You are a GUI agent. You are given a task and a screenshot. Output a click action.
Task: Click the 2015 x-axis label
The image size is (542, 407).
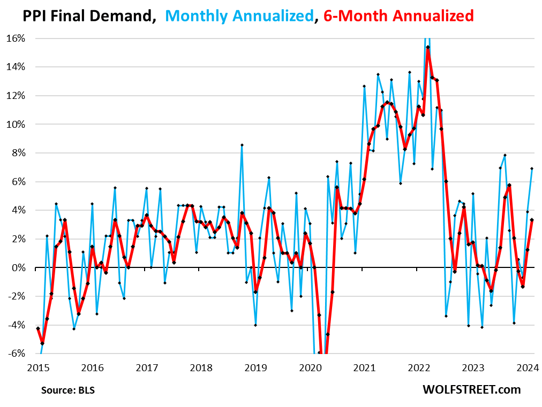pyautogui.click(x=38, y=368)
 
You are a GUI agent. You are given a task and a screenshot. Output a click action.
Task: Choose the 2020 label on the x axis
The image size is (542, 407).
pyautogui.click(x=310, y=368)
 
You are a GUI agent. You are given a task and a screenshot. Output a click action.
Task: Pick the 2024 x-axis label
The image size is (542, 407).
pyautogui.click(x=528, y=368)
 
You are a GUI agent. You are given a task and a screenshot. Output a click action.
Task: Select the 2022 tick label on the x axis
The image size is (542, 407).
pyautogui.click(x=419, y=368)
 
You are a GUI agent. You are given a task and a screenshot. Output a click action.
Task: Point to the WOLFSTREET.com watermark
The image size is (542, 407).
pyautogui.click(x=471, y=390)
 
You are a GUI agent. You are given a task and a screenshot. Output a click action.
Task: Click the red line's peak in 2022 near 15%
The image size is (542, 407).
pyautogui.click(x=427, y=47)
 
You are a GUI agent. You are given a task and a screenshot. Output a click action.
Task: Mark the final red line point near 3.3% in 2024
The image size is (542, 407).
pyautogui.click(x=532, y=220)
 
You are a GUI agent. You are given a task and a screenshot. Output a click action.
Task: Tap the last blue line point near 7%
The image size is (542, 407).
pyautogui.click(x=532, y=168)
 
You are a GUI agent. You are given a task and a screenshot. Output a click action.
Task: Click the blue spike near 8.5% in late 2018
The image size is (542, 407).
pyautogui.click(x=242, y=145)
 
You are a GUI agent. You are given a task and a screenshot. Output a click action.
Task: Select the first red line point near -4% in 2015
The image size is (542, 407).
pyautogui.click(x=38, y=328)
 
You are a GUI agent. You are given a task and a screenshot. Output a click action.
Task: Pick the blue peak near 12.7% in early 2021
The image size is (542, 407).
pyautogui.click(x=364, y=86)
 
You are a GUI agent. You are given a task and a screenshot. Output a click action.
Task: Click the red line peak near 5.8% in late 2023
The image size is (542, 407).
pyautogui.click(x=509, y=185)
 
